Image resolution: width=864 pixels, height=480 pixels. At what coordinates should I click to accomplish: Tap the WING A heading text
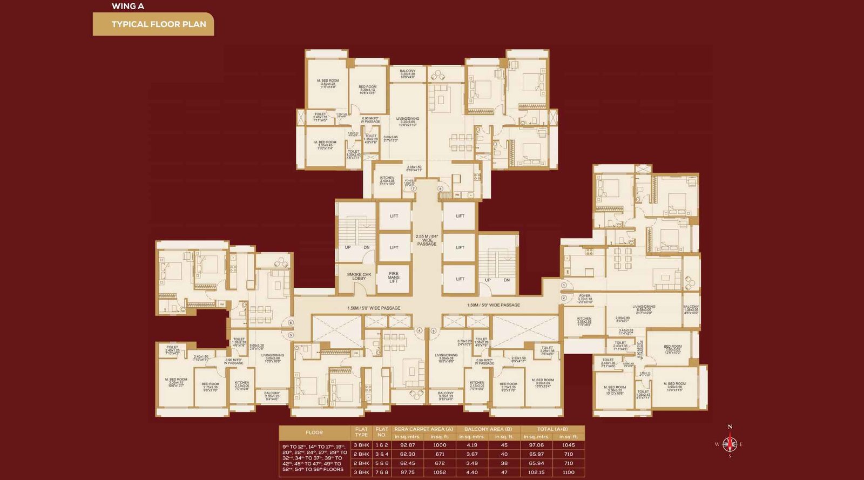click(127, 6)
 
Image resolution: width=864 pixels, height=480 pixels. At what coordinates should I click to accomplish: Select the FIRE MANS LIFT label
click(394, 278)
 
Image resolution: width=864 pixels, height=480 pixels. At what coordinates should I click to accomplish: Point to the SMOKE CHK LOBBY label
click(359, 276)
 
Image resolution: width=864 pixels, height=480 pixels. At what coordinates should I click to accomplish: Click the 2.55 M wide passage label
click(427, 240)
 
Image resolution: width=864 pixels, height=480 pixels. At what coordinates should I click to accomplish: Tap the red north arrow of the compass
click(730, 437)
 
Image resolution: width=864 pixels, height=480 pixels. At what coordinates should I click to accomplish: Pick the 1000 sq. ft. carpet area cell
click(440, 445)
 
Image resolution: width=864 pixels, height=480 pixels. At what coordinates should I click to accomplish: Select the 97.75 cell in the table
click(407, 472)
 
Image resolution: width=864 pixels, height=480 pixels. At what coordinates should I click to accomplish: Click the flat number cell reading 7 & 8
click(382, 472)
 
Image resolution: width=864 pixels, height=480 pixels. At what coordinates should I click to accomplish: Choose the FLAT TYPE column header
click(361, 432)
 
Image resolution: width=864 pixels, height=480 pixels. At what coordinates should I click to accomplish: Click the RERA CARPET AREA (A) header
click(423, 429)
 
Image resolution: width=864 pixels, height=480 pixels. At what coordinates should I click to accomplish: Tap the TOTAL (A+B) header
click(552, 429)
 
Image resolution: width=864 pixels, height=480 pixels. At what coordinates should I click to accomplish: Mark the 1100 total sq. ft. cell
click(568, 472)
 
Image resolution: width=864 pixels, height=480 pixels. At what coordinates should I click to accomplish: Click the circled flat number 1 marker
click(564, 285)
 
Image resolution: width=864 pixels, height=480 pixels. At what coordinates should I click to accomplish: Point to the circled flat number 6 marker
click(291, 322)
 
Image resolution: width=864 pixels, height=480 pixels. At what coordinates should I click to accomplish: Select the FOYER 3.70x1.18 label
click(584, 298)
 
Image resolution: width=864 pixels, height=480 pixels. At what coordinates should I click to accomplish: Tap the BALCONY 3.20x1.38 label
click(408, 73)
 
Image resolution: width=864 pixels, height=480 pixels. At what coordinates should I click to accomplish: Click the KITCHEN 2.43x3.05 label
click(387, 180)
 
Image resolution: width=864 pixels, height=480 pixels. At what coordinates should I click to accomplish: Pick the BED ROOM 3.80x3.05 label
click(672, 348)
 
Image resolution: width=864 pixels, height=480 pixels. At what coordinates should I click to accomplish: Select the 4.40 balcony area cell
click(471, 472)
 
